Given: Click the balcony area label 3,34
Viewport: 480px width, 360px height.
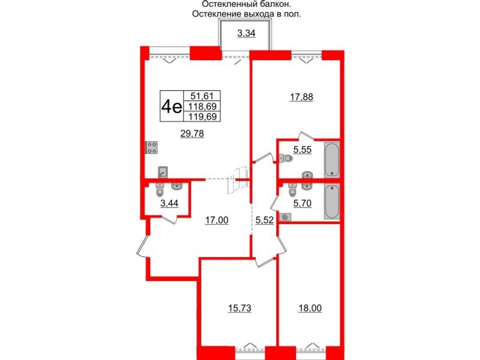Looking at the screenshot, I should tap(246, 34).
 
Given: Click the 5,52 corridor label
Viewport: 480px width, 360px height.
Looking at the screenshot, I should tap(265, 219).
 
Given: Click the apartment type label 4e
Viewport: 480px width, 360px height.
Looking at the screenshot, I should tap(172, 106).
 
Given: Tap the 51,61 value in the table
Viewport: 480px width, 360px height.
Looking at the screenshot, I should tap(201, 96).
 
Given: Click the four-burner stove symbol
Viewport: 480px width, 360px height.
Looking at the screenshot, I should tap(151, 147).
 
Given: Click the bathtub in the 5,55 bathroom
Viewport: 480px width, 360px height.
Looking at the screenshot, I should tap(331, 158).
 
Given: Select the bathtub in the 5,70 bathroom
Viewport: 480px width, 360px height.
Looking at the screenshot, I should tap(331, 202).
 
